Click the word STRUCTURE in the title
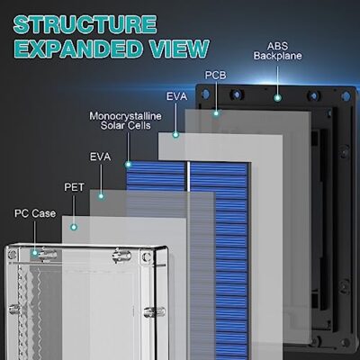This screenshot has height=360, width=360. (x=85, y=24)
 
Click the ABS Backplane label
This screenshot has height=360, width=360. (x=277, y=51)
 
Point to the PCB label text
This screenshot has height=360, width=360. (x=215, y=75)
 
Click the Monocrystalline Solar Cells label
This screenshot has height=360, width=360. (x=125, y=121)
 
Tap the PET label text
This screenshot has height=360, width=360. (x=74, y=187)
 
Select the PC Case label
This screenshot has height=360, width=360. (x=35, y=213)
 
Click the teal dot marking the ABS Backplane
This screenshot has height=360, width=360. (x=278, y=97)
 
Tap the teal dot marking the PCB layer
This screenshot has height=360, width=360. (x=216, y=113)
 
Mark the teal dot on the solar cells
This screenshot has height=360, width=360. (x=128, y=164)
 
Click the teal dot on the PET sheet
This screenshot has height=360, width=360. (x=74, y=227)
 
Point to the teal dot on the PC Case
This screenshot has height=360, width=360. (x=35, y=253)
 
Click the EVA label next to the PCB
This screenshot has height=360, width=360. (x=177, y=96)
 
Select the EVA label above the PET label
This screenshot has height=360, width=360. (x=100, y=157)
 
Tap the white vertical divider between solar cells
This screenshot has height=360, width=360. (x=189, y=176)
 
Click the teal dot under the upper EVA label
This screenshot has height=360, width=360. (x=175, y=135)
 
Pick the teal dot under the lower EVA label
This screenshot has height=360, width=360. (x=101, y=196)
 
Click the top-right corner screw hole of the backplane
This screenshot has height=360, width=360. (x=346, y=95)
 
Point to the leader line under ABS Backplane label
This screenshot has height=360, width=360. (x=278, y=80)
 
